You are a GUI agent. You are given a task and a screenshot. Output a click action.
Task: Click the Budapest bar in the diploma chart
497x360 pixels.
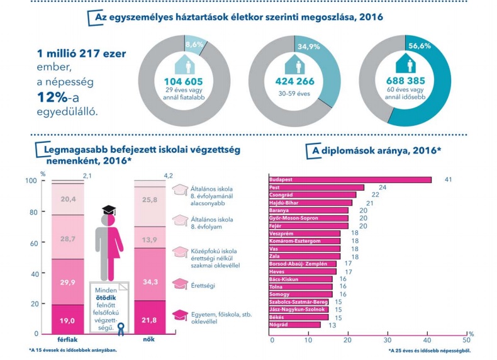click(x=350, y=180)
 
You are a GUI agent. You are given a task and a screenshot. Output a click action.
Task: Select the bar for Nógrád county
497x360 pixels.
click(x=294, y=325)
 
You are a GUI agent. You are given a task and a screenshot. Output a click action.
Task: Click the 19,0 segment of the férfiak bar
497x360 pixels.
click(x=67, y=320)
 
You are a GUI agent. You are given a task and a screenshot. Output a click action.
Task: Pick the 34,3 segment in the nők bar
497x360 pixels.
click(x=150, y=281)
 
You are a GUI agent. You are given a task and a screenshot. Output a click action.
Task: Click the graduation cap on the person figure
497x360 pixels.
click(x=109, y=210)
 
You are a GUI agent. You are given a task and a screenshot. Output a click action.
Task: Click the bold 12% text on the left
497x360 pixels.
click(x=61, y=99)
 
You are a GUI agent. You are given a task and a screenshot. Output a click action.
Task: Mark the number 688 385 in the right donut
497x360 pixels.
click(x=406, y=81)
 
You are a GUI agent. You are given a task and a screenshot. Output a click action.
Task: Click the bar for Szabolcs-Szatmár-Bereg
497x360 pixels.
click(x=298, y=302)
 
